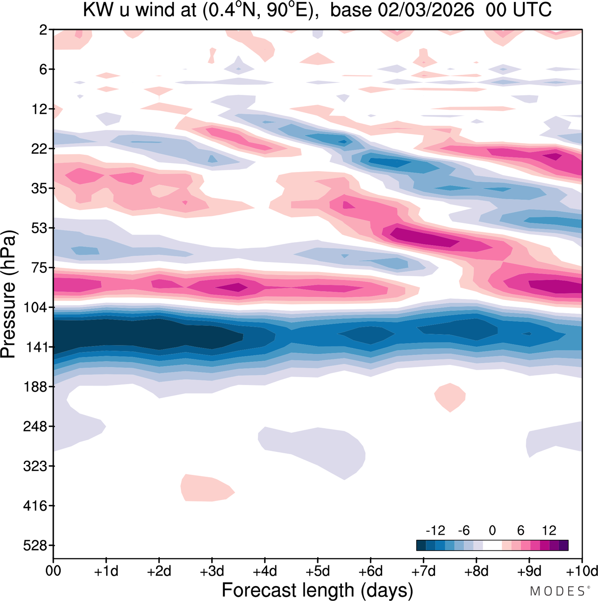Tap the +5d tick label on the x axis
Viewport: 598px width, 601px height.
pos(318,572)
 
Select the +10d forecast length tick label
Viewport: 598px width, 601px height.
pos(582,572)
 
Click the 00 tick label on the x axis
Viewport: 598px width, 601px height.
pos(54,572)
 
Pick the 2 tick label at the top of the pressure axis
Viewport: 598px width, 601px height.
pos(43,30)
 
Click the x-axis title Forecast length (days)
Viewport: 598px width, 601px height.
pos(317,590)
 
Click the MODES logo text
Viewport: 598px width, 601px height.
pos(557,591)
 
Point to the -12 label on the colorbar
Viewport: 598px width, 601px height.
pos(435,530)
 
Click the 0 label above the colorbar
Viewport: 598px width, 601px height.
pos(492,530)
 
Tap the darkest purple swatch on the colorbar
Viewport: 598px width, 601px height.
pos(563,545)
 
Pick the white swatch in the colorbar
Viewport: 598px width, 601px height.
pos(492,545)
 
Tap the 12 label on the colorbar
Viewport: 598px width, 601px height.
pos(549,530)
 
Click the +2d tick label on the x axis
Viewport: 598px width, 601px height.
pos(159,572)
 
